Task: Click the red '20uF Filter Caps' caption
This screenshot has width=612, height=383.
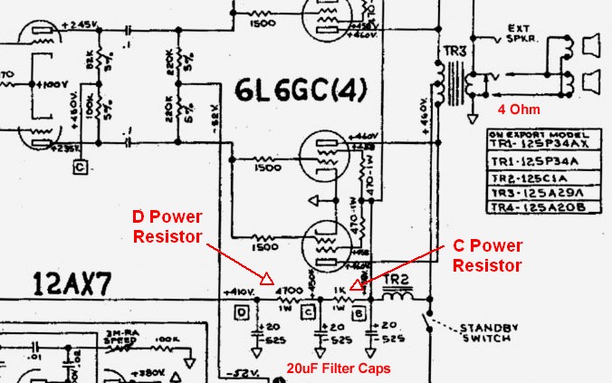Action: click(339, 369)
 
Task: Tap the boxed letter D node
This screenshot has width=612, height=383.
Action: click(242, 313)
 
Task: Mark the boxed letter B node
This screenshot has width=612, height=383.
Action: click(358, 313)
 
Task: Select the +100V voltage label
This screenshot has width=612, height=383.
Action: click(51, 84)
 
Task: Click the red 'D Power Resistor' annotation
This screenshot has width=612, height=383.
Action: click(167, 226)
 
